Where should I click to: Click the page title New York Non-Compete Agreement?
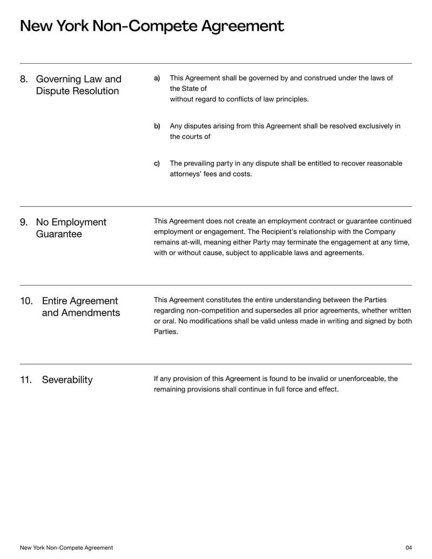[x=152, y=26]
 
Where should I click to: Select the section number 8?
[x=24, y=79]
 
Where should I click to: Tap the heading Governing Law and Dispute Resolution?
[x=78, y=85]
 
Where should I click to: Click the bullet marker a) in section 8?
[x=157, y=78]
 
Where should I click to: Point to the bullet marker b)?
[x=157, y=126]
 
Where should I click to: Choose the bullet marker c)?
[x=157, y=164]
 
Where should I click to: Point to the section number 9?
[x=24, y=223]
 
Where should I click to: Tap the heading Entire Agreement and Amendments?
[x=80, y=307]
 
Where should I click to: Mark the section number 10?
[x=26, y=301]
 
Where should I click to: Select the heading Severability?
[x=67, y=380]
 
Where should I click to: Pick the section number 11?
[x=26, y=380]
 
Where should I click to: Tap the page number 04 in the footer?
[x=408, y=548]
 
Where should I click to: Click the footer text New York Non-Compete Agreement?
[x=66, y=548]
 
